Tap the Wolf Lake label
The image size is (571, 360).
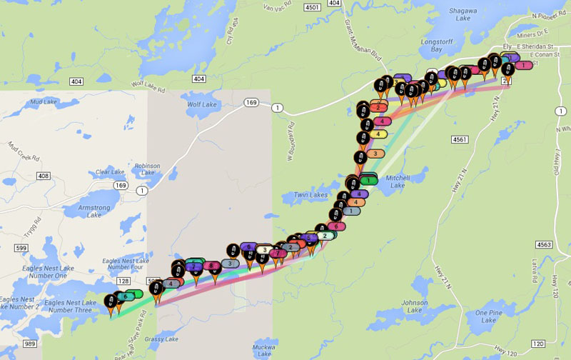(201, 104)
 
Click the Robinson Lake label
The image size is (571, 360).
(148, 169)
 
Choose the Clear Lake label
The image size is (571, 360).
(109, 172)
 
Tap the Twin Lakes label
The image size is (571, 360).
(308, 195)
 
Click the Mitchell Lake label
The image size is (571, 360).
(398, 181)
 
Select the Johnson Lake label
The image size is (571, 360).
(415, 306)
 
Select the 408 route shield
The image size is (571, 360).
(44, 176)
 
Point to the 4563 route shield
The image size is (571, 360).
(544, 244)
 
